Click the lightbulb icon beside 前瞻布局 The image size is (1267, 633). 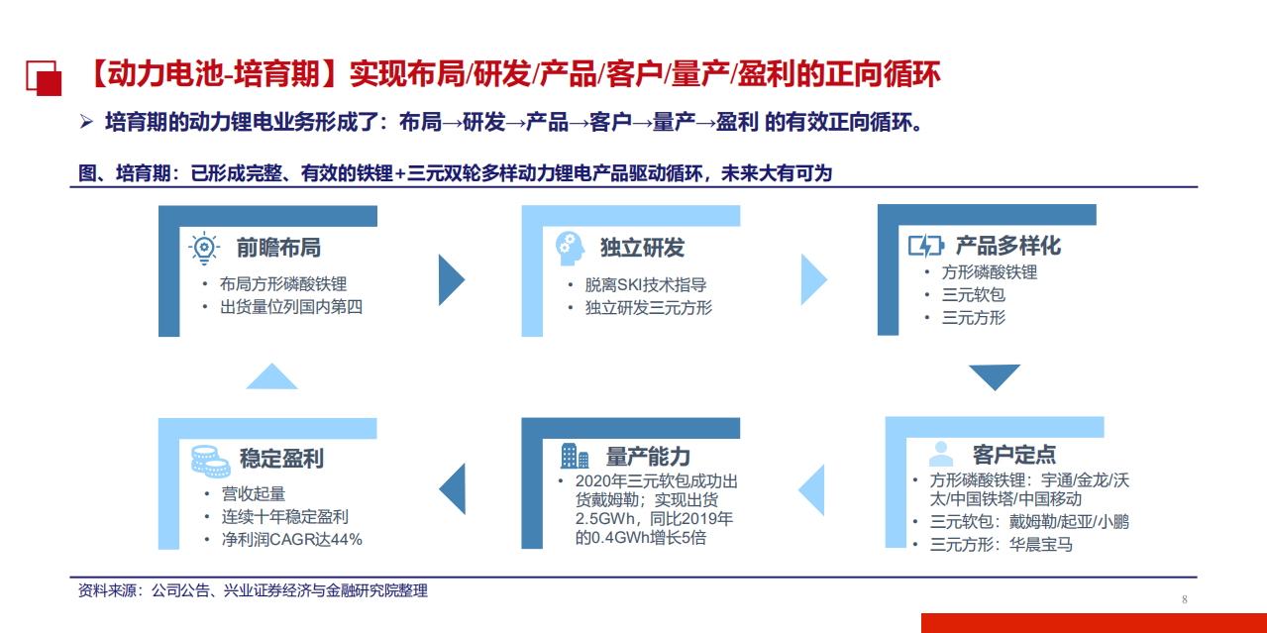coord(203,247)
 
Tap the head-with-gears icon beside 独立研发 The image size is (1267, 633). coord(569,247)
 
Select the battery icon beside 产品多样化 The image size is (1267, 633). coord(926,246)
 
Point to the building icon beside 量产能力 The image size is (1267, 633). coord(575,456)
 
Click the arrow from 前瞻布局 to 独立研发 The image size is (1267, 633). coord(452,279)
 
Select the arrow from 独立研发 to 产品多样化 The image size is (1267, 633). coord(813,279)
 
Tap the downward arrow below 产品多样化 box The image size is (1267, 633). coord(994,377)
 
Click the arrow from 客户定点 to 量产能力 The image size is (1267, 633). coord(813,488)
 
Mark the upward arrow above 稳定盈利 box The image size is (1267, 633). coord(271,376)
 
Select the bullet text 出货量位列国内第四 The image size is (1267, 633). coord(291,307)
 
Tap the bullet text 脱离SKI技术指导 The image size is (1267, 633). coord(645,284)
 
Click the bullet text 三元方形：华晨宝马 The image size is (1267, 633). coord(1001,544)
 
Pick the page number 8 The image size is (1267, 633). coord(1184,599)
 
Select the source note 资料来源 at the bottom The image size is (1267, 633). coord(253,590)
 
